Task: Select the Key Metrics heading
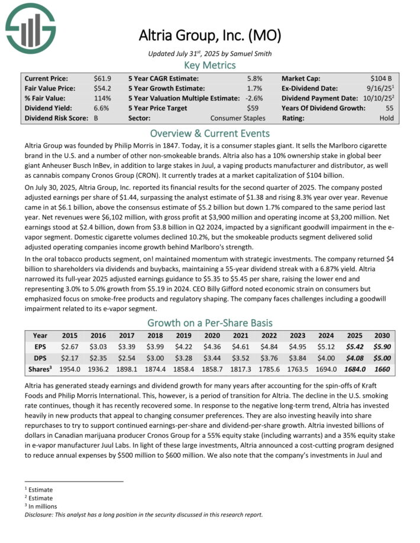click(209, 65)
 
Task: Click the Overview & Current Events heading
click(209, 133)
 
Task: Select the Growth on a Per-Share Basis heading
click(209, 323)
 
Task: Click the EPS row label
click(40, 346)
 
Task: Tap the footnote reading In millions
click(41, 506)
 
